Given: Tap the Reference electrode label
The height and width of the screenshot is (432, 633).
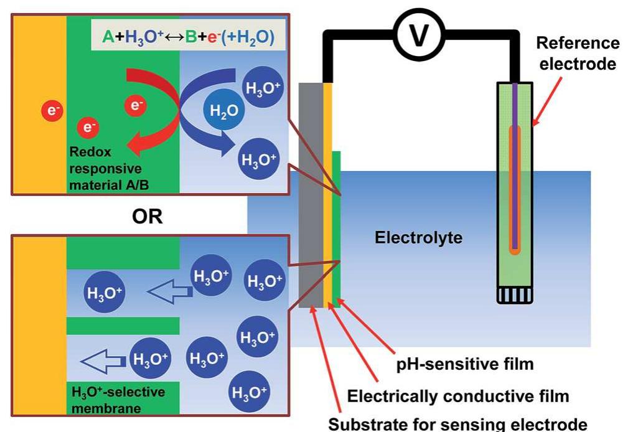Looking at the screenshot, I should (578, 54).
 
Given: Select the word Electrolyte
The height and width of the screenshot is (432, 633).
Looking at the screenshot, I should (418, 237).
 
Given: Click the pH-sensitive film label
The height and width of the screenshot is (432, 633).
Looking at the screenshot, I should (465, 364).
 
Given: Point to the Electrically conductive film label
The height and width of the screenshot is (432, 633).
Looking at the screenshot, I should (457, 396).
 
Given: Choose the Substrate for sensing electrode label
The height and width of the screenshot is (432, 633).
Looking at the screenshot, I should (457, 424).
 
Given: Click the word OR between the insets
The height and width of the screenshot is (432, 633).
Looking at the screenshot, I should (148, 216).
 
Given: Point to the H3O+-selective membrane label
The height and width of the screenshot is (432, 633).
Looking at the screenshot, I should (118, 400).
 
